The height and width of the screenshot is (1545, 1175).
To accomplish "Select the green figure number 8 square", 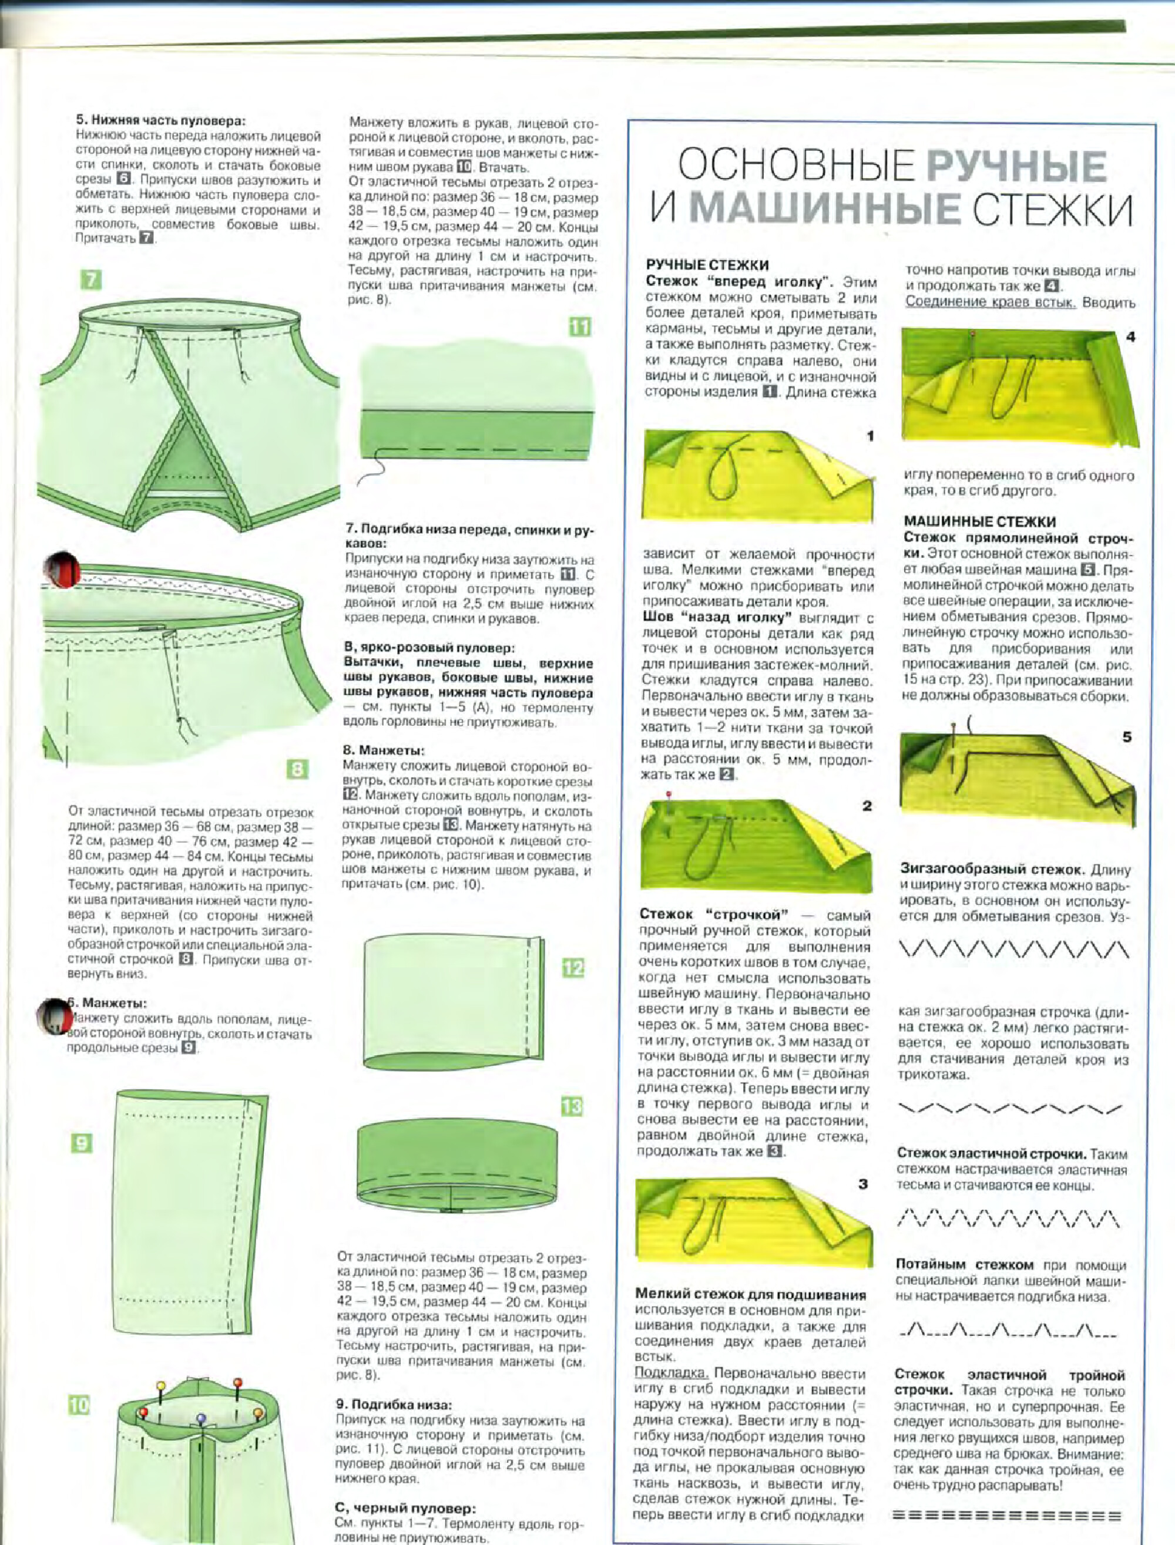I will click(x=297, y=770).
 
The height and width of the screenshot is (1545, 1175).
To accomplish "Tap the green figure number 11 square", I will click(x=580, y=326).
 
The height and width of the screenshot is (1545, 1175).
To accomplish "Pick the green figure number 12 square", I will click(x=573, y=968).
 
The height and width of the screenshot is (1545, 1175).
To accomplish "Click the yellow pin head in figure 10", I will click(x=161, y=1385).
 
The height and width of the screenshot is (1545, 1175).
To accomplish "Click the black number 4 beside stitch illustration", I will click(x=1131, y=337).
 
